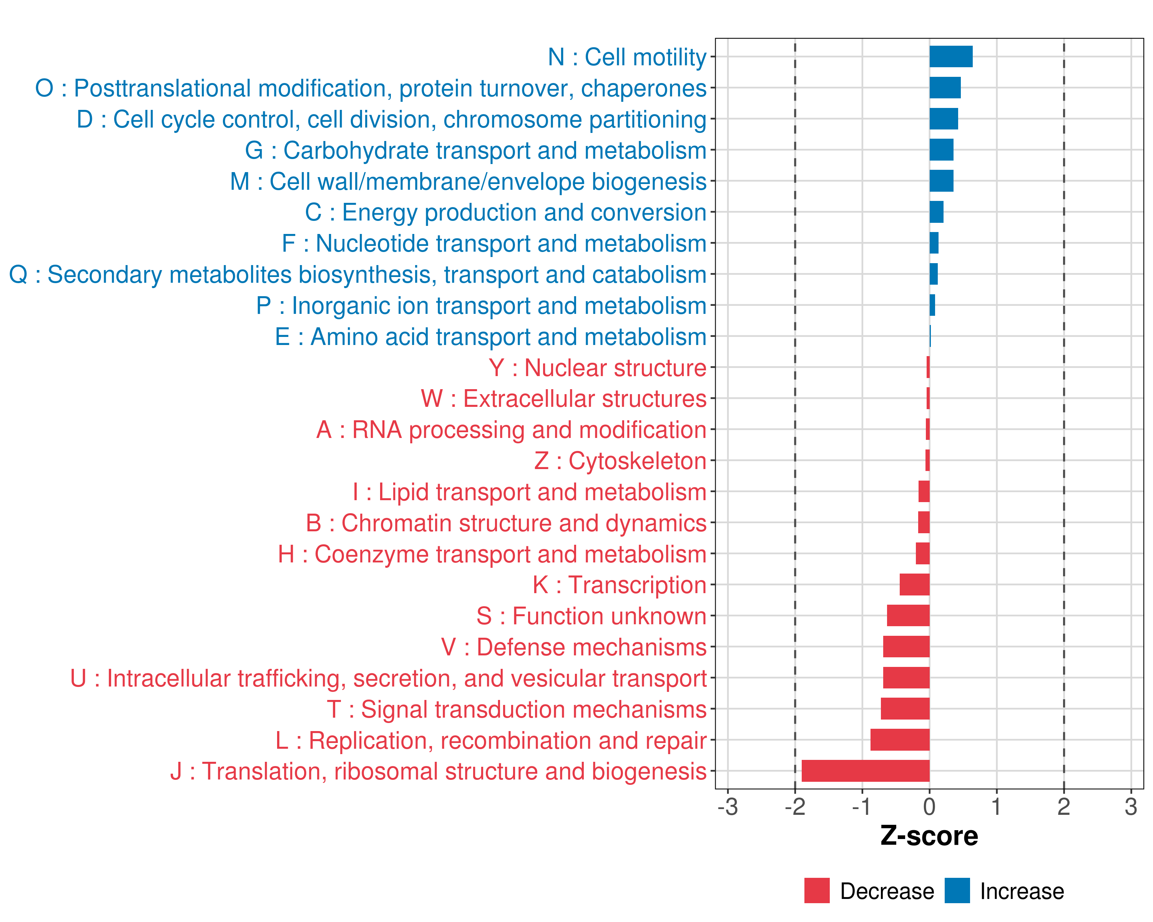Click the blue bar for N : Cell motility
tap(950, 56)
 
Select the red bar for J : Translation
tap(865, 771)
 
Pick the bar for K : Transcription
tap(914, 584)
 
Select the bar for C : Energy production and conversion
tap(936, 212)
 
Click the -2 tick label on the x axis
tap(795, 806)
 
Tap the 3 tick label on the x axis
tap(1131, 806)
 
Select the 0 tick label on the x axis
tap(929, 806)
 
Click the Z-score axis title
tap(929, 836)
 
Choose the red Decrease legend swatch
tap(817, 890)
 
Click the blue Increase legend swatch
tap(957, 890)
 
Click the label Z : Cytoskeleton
tap(620, 461)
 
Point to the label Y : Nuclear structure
tap(597, 368)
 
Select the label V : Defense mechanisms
tap(574, 647)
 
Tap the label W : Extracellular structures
tap(564, 399)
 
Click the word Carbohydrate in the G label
tap(356, 151)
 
